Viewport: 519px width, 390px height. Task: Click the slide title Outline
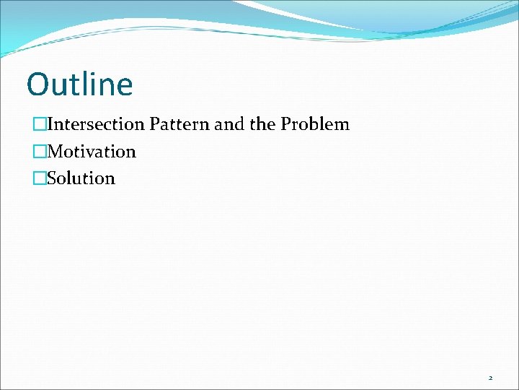(x=79, y=84)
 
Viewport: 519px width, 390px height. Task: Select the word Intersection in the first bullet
(x=96, y=124)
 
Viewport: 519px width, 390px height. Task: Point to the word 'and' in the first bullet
(x=230, y=124)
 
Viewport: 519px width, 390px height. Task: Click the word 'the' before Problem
(x=262, y=124)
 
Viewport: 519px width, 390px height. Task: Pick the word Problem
(x=315, y=124)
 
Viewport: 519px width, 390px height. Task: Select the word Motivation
(x=91, y=152)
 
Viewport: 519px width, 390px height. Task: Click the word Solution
(x=81, y=178)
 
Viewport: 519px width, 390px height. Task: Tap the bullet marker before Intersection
(x=39, y=124)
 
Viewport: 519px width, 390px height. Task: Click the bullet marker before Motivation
(x=39, y=152)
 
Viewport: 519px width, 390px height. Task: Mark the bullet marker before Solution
(x=39, y=178)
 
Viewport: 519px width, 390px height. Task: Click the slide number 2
(x=490, y=378)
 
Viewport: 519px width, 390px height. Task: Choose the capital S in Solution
(x=51, y=178)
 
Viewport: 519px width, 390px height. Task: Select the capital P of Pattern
(x=154, y=124)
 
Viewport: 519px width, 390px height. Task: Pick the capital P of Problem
(x=285, y=124)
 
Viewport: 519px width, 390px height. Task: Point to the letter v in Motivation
(x=94, y=152)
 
